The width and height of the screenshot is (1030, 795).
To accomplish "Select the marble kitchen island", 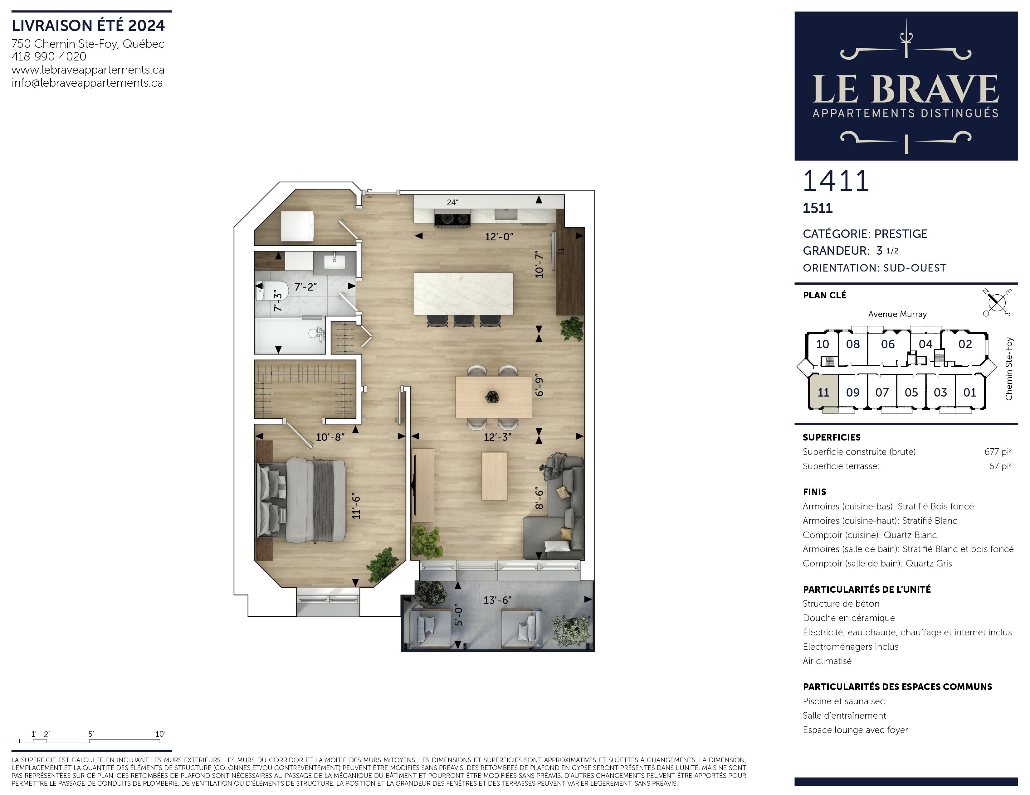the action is click(x=463, y=294).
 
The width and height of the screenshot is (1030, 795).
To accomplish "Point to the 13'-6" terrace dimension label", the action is click(x=498, y=600).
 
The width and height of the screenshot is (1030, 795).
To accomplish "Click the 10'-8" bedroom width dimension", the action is click(x=330, y=437).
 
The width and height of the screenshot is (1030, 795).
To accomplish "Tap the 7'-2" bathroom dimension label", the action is click(x=305, y=287).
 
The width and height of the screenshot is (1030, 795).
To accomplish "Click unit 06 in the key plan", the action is click(x=888, y=344).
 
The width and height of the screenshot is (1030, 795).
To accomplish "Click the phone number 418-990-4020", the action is click(x=49, y=56).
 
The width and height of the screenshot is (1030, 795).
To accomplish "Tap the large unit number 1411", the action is click(x=836, y=181).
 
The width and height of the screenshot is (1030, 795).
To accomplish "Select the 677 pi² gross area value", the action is click(x=998, y=451).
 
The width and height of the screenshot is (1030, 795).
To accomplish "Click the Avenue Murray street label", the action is click(x=897, y=314).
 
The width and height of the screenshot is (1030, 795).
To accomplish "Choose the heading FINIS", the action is click(x=814, y=492).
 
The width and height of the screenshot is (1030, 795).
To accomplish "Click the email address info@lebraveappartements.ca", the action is click(x=87, y=83).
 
